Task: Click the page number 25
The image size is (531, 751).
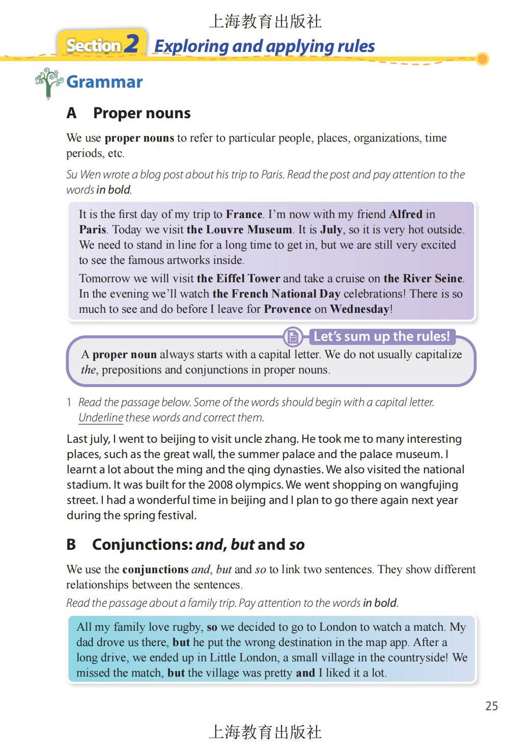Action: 491,706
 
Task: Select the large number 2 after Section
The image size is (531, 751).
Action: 131,44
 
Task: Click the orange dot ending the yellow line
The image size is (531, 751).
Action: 483,59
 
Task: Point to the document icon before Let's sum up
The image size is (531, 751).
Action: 293,337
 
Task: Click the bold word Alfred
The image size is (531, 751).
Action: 406,214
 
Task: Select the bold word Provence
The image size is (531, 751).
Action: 288,309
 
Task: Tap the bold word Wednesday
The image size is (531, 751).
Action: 359,309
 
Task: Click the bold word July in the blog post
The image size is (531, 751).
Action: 331,229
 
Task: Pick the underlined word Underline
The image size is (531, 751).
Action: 101,417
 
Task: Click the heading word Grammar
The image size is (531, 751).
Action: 104,82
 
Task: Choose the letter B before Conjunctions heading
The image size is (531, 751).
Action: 71,545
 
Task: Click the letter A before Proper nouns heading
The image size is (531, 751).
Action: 71,113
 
